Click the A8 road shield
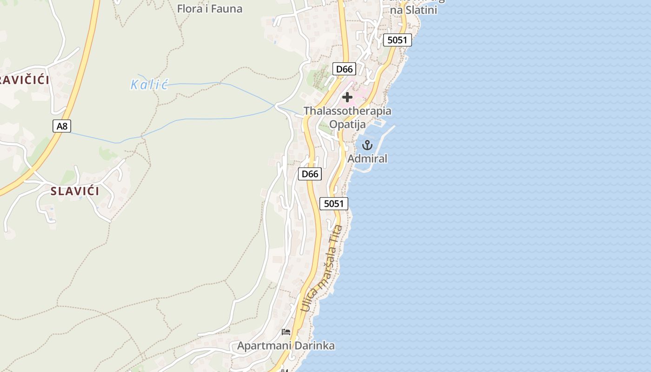pos(61,126)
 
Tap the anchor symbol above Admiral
pos(367,145)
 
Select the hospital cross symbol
pos(347,97)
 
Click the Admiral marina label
pos(367,159)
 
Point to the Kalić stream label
pos(149,85)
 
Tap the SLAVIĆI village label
pos(75,191)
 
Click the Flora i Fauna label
pos(210,8)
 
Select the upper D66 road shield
pos(345,69)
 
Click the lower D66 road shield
pos(310,174)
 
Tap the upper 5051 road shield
pos(397,40)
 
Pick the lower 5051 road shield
pos(334,203)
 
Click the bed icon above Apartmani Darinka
pos(286,332)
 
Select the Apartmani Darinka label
pos(286,346)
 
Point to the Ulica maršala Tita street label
pos(321,269)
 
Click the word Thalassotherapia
pos(347,111)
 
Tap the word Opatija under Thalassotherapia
pos(347,124)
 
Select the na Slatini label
pos(413,10)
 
